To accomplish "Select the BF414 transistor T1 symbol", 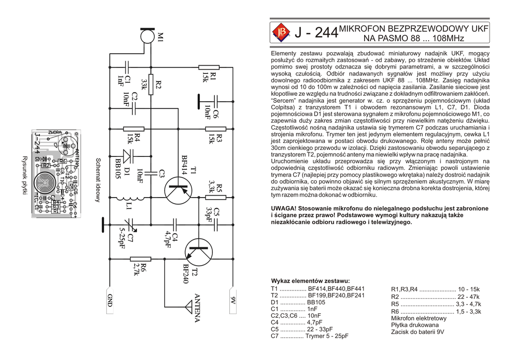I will [177, 191].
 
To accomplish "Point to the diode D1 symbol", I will [128, 156].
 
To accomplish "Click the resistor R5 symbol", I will [216, 197].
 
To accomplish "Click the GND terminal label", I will [110, 300].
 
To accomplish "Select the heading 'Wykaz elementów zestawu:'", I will [310, 281].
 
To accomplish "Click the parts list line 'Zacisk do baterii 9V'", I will [417, 332].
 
